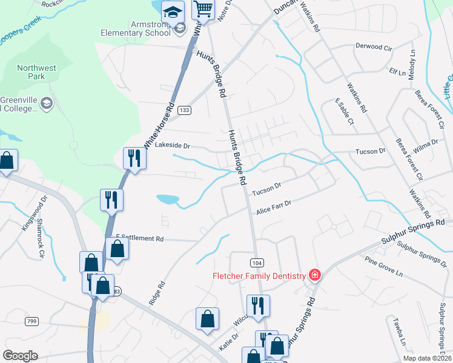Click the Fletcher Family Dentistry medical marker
click(x=314, y=276)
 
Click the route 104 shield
click(x=257, y=262)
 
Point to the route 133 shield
click(x=185, y=110)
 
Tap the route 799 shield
click(x=32, y=321)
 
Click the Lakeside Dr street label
click(x=173, y=146)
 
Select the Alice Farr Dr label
click(x=274, y=208)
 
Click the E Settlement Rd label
click(x=140, y=238)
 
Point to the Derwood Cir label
click(x=374, y=47)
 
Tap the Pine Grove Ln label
click(x=383, y=266)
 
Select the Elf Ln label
click(x=398, y=72)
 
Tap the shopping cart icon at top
click(x=203, y=8)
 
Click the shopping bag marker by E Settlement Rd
click(x=116, y=249)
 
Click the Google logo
click(x=19, y=356)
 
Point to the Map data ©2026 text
click(x=426, y=358)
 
